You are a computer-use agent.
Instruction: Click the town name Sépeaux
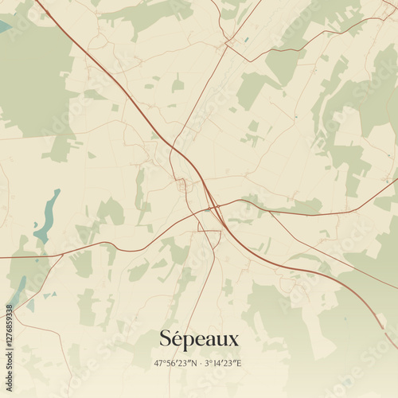(199, 339)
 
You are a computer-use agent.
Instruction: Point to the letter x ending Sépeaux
(232, 341)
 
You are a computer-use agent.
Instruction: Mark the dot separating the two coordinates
(199, 363)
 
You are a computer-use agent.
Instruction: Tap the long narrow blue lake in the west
(47, 216)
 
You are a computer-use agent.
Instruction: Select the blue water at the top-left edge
(4, 26)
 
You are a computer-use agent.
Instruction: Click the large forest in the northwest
(32, 80)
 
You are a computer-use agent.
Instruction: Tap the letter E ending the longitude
(239, 363)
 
